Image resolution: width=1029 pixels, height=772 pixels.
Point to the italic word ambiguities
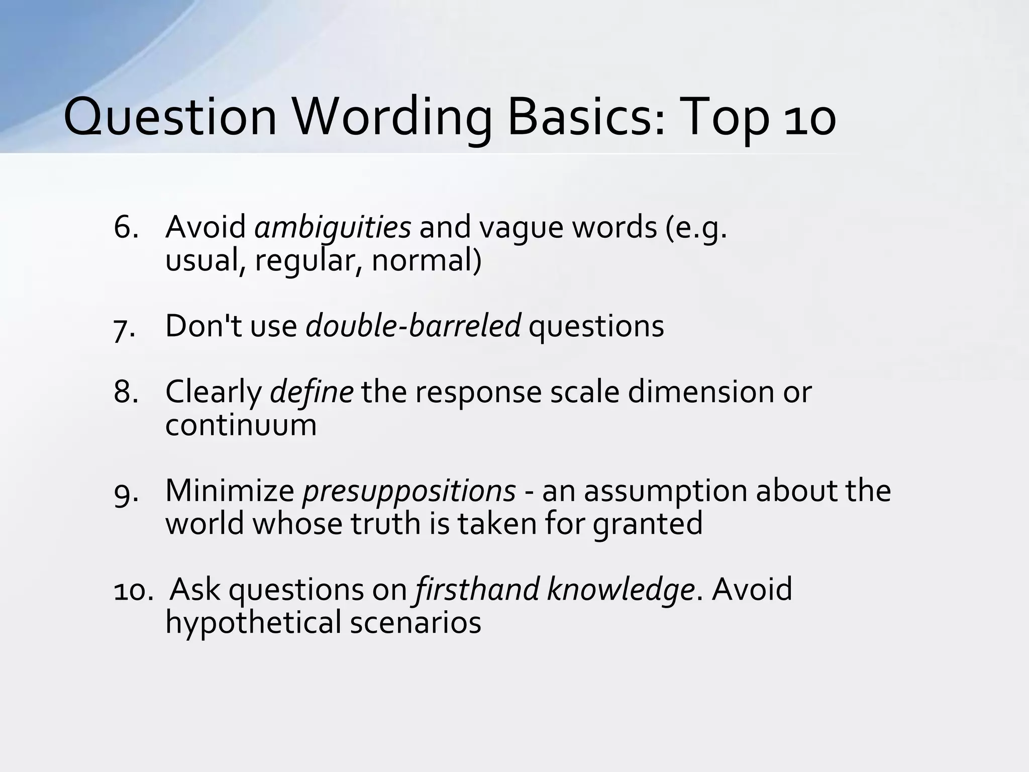333,227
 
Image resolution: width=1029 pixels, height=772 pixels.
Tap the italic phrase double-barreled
413,326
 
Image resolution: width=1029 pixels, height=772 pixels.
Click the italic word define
312,392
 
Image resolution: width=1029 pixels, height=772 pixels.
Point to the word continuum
241,425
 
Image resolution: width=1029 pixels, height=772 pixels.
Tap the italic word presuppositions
408,491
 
